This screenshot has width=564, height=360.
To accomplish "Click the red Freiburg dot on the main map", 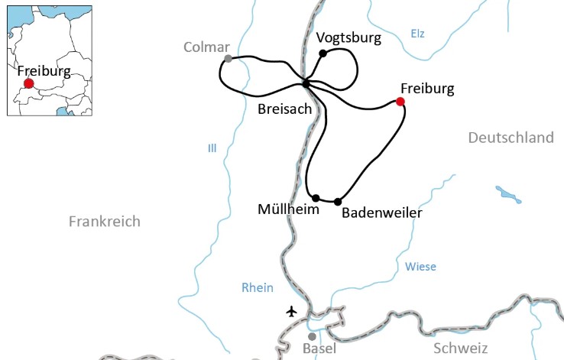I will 400,101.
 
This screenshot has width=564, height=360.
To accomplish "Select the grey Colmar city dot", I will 228,58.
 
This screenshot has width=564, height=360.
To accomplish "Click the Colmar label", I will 206,47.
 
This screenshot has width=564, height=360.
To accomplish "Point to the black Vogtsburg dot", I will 323,53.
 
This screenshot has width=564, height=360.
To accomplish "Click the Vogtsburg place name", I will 348,37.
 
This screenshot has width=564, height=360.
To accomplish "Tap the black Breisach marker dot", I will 306,83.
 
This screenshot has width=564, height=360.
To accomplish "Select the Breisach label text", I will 285,109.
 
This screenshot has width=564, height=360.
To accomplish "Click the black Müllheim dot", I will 316,198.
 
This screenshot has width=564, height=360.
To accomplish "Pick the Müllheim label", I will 288,209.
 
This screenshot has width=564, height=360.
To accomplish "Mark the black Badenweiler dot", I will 338,202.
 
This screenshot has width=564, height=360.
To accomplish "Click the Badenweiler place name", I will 381,213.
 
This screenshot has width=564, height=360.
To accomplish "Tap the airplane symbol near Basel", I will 290,311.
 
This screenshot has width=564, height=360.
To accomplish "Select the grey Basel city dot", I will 312,336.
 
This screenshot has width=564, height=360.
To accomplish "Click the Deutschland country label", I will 511,138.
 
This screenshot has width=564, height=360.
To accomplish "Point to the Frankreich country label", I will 105,222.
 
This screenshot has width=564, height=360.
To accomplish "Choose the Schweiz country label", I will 460,349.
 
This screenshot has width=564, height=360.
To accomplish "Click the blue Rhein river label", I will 257,287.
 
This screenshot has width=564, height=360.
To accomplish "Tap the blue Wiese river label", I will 420,267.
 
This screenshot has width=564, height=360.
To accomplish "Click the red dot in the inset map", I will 29,83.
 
